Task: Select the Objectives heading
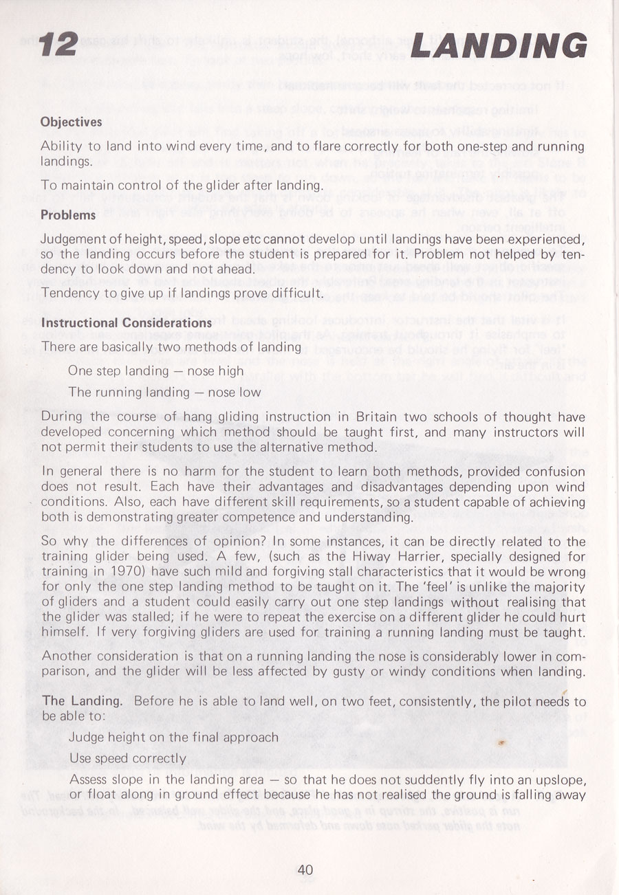coord(72,122)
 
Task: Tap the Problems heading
coord(68,214)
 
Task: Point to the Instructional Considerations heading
coord(126,322)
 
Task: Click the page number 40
coord(305,870)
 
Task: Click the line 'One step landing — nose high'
coord(155,371)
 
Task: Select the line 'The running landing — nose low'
coord(164,393)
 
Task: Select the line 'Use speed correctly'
coord(128,758)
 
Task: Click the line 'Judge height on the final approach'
coord(173,737)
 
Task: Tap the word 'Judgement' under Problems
coord(74,239)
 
